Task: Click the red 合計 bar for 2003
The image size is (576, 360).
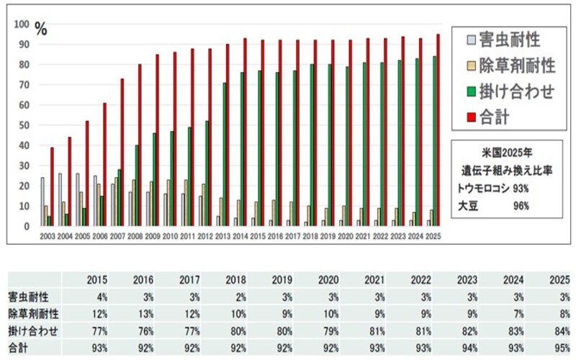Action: click(x=52, y=187)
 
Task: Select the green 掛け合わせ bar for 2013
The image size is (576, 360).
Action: click(x=224, y=155)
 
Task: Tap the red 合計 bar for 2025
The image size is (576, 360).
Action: click(x=438, y=130)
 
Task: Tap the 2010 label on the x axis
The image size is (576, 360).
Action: click(x=169, y=235)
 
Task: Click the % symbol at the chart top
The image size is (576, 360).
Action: click(x=41, y=30)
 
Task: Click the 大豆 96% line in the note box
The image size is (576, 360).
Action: click(x=495, y=206)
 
